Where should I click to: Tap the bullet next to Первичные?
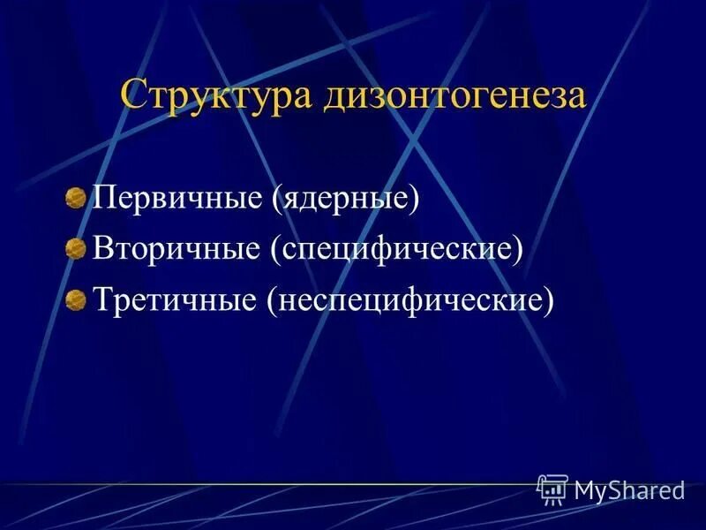point(77,196)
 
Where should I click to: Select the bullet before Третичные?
point(77,299)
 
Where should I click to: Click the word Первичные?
point(176,197)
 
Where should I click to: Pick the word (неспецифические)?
point(410,301)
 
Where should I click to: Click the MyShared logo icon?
point(552,488)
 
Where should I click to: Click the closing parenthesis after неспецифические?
point(549,302)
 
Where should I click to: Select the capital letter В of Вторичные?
point(102,248)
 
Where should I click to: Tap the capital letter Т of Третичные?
point(102,300)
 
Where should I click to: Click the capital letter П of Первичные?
point(104,197)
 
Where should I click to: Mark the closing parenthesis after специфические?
point(518,250)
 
